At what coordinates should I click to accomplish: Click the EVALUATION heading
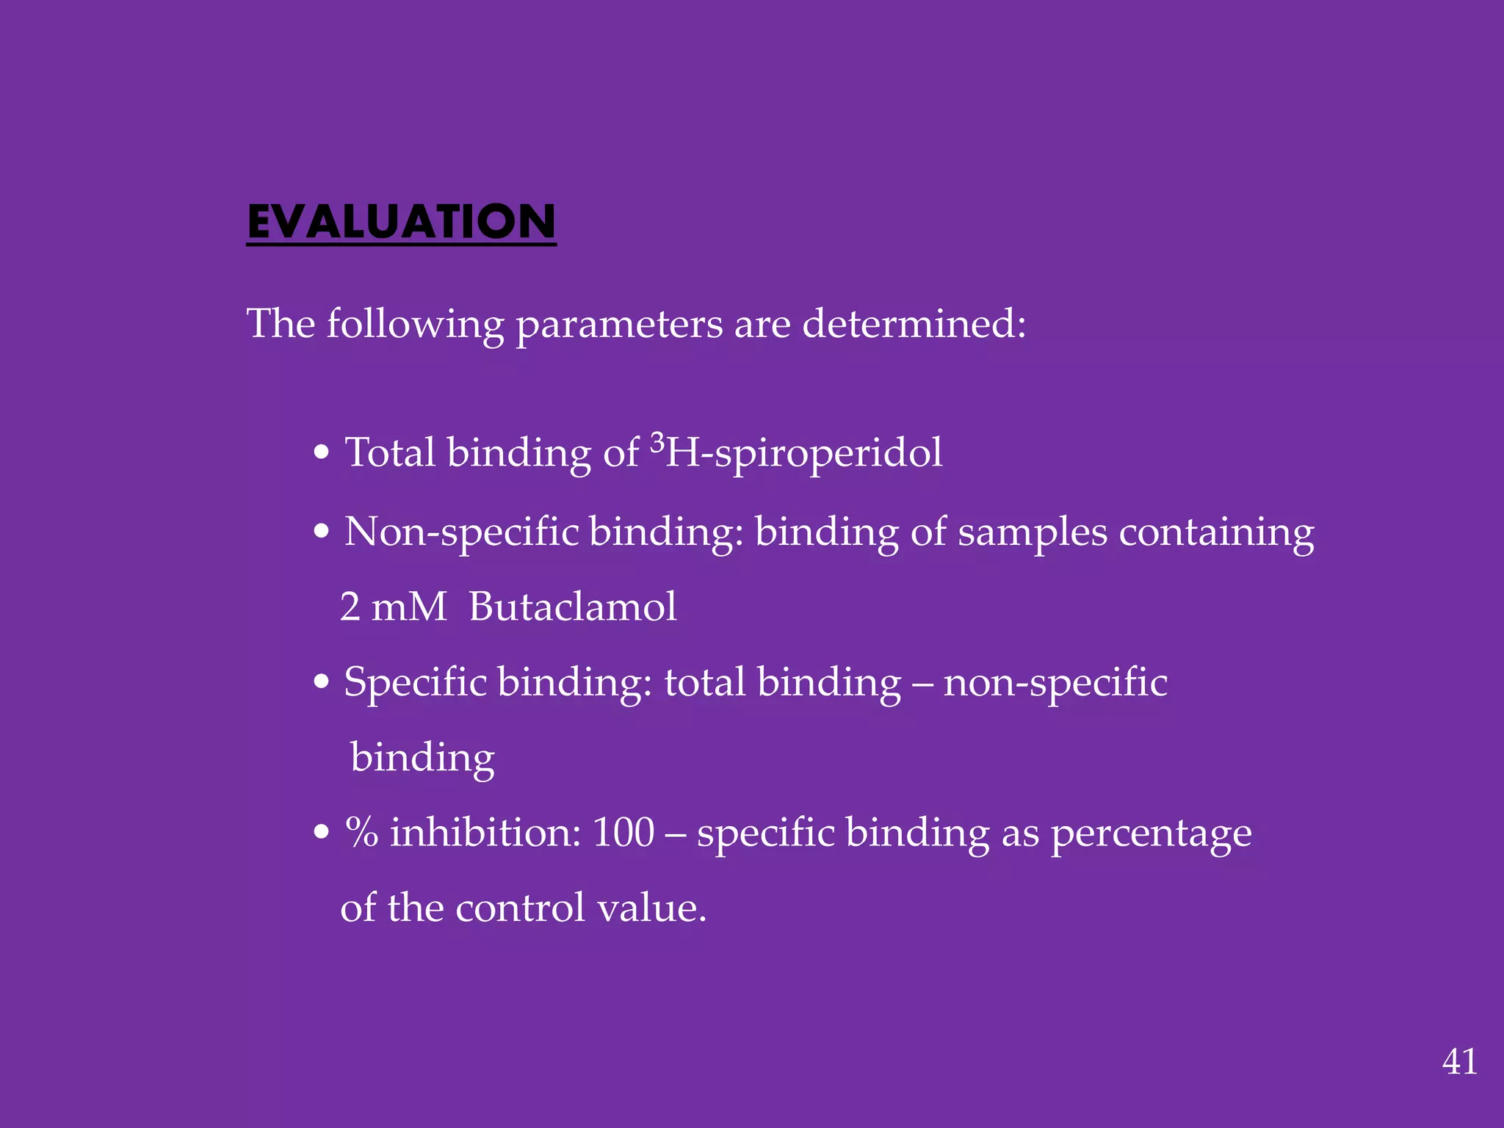pos(401,222)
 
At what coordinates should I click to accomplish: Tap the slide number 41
pos(1459,1062)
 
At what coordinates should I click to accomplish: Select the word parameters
pos(619,324)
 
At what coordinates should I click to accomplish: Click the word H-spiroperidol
pos(803,453)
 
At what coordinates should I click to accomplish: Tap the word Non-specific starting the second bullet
pos(462,532)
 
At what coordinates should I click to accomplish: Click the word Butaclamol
pos(572,607)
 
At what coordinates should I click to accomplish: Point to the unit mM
pos(409,607)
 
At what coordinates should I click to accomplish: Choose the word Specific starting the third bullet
pos(415,682)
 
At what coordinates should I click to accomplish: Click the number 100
pos(623,833)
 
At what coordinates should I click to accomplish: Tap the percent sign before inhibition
pos(361,833)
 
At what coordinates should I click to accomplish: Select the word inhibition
pos(485,833)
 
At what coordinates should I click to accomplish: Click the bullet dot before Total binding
pos(321,452)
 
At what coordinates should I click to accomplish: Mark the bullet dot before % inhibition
pos(321,833)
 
